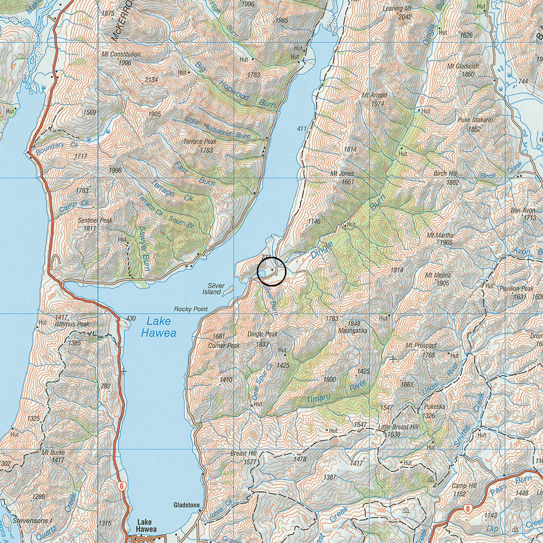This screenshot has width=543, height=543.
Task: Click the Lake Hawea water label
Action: pos(158,327)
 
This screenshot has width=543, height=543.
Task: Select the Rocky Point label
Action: pos(191,309)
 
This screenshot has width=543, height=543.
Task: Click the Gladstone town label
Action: pos(186,505)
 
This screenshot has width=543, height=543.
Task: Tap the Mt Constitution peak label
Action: pos(121,54)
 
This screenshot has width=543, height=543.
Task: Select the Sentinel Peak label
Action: pos(95,220)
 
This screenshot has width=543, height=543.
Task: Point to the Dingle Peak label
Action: pos(263,334)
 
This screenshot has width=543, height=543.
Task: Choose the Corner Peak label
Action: pos(224,346)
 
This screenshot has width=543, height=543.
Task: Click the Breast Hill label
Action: pos(243,453)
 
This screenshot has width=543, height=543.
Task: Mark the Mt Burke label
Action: pos(53,452)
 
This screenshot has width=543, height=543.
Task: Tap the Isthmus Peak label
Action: pos(72,324)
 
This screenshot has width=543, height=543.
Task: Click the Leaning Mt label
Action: pos(397,9)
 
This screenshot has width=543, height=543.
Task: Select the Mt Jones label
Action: pos(342,174)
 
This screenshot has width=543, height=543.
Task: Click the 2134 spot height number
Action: pos(151,80)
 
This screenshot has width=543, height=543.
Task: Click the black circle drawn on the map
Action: pos(271,271)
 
